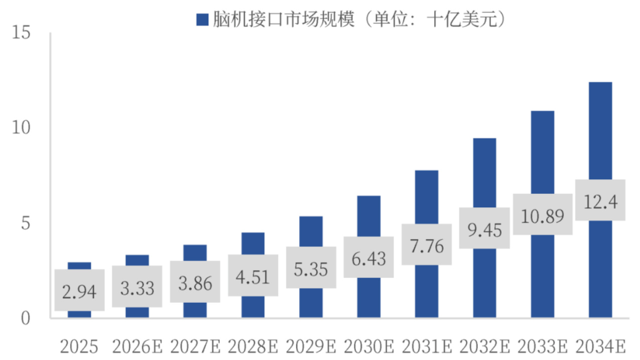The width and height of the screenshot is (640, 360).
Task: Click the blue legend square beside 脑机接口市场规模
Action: point(202,20)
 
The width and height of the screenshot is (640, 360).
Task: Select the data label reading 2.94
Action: point(79,290)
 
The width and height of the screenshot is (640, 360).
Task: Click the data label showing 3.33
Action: point(137,287)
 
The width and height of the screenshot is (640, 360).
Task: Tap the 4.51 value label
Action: point(253,276)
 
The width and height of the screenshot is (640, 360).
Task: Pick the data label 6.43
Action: point(368,257)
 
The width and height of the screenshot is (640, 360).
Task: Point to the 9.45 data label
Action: point(484,228)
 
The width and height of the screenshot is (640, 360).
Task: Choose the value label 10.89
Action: point(543,215)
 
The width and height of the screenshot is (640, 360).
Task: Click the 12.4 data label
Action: point(600,200)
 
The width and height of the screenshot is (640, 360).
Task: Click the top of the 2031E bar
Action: point(427,171)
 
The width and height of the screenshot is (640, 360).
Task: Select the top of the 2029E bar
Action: point(311,217)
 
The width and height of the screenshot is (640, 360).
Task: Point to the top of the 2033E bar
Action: point(543,111)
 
